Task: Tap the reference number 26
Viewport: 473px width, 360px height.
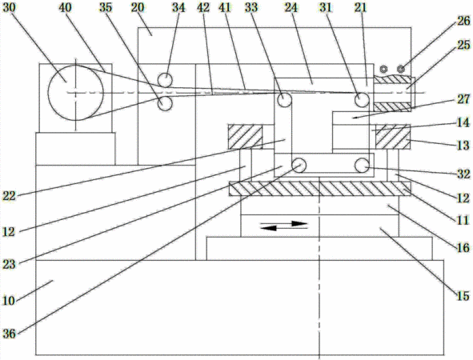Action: [x=463, y=21]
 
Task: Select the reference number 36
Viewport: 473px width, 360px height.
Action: [x=9, y=333]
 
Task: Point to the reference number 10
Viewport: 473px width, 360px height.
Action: [x=9, y=300]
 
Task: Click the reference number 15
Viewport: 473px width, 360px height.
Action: [x=463, y=295]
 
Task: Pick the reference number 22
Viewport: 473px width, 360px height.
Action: [x=9, y=196]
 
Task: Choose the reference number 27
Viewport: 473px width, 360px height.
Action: [x=463, y=99]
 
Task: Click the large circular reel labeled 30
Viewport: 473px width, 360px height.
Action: [x=75, y=93]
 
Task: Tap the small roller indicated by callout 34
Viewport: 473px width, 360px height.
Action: [x=165, y=80]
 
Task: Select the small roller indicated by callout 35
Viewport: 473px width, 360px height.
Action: [x=165, y=104]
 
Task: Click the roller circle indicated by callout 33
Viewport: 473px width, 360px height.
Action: [x=284, y=100]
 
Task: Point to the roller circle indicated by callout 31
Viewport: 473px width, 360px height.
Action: [x=362, y=99]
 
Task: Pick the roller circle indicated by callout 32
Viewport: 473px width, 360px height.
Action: [x=362, y=166]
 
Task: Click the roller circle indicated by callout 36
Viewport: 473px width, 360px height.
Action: [x=299, y=166]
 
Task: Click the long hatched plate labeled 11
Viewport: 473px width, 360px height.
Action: [x=320, y=189]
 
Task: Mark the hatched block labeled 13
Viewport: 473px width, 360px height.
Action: [x=393, y=137]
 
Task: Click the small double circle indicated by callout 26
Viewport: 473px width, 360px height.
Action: [x=401, y=69]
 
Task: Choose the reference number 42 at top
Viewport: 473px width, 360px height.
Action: [x=203, y=7]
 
